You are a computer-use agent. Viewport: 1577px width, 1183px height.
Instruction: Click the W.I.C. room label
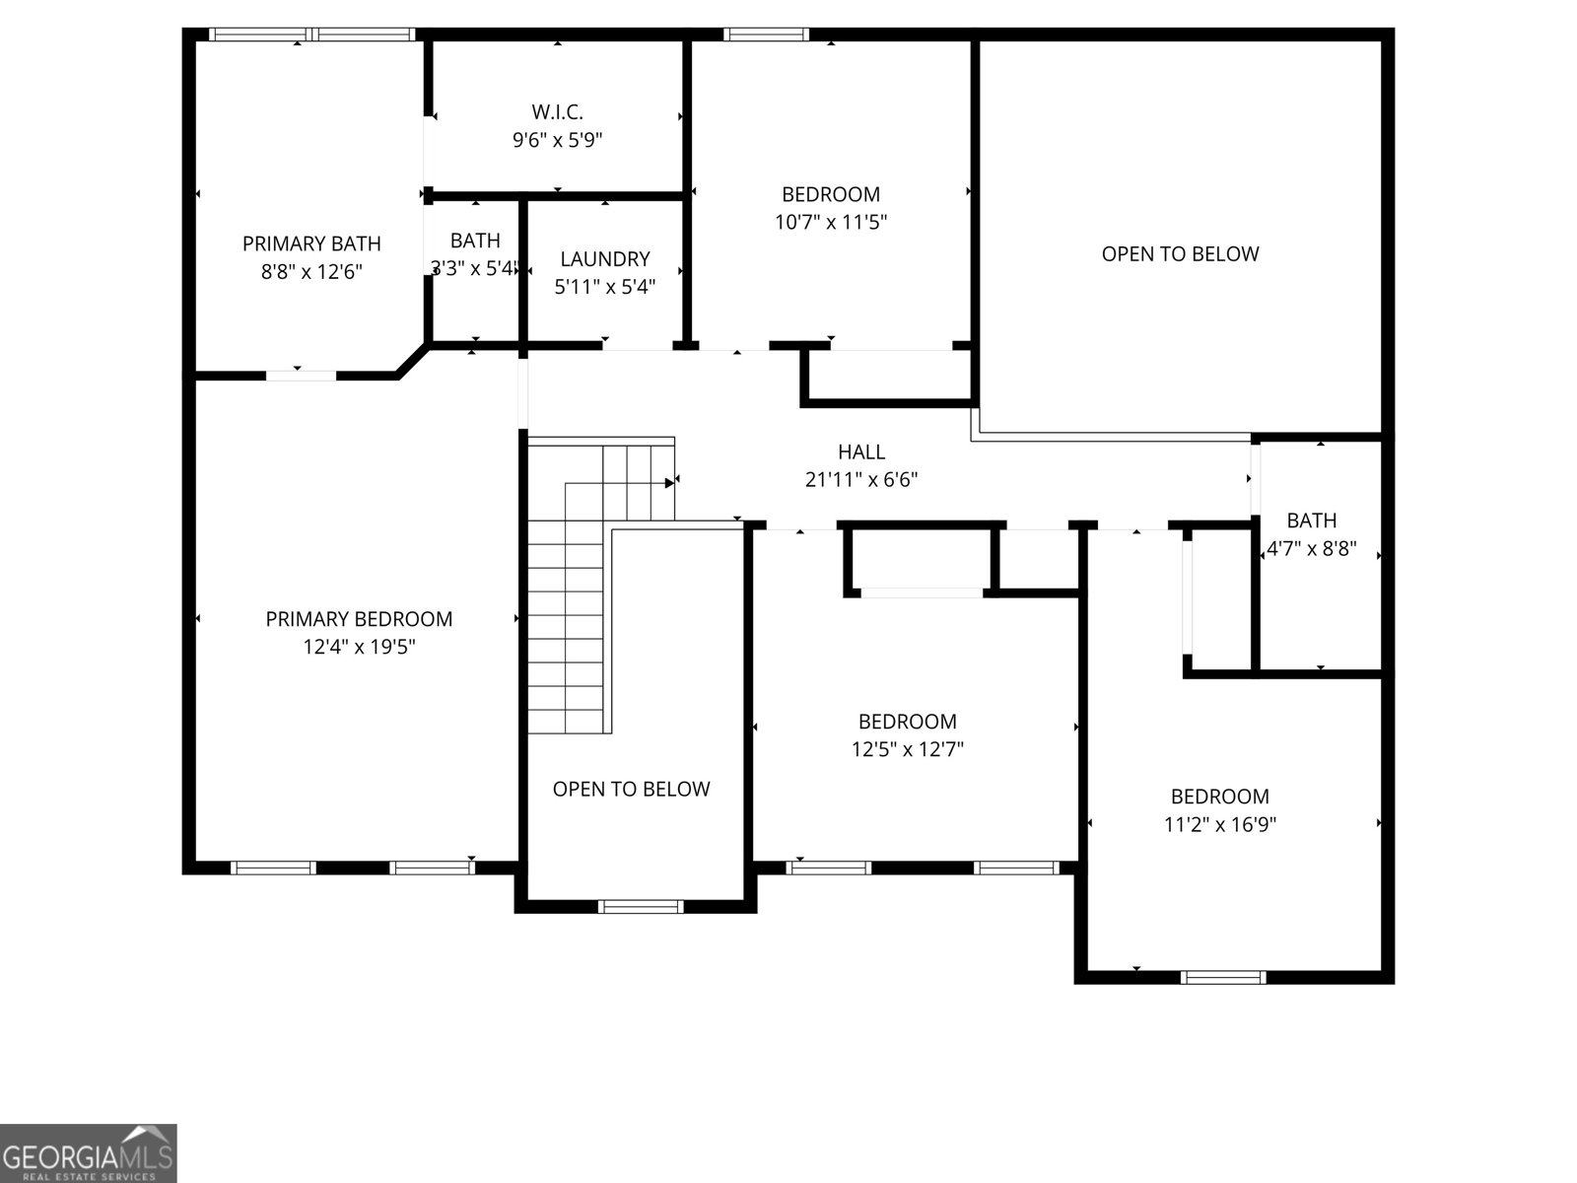tap(557, 111)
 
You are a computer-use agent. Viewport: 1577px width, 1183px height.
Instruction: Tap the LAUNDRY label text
tap(605, 258)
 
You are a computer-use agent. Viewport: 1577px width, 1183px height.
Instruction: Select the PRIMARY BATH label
tap(311, 244)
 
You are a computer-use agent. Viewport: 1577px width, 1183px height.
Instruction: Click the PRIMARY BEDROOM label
tap(359, 619)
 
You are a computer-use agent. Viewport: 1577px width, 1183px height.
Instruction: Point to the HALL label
tap(861, 452)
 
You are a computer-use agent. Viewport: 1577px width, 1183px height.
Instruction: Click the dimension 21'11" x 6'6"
tap(861, 480)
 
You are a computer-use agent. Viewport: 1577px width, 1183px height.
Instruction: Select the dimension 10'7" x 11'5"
tap(831, 222)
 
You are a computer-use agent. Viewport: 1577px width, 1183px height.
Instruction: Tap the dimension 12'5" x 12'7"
tap(907, 749)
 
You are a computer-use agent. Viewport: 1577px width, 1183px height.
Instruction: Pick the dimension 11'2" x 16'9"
tap(1219, 824)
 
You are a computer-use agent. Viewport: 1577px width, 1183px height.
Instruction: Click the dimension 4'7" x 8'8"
tap(1311, 549)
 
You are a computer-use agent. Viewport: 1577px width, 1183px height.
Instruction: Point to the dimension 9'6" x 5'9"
tap(557, 140)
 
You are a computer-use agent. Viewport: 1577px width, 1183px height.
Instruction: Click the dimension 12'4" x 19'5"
tap(359, 648)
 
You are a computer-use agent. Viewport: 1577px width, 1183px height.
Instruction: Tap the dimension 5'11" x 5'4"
tap(605, 287)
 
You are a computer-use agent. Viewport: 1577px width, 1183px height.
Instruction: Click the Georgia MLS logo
tap(89, 1153)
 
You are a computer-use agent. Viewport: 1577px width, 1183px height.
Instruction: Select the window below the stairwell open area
tap(641, 906)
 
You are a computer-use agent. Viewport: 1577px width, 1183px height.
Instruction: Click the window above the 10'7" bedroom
tap(766, 35)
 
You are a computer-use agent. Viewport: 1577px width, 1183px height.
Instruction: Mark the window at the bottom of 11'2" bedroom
tap(1223, 977)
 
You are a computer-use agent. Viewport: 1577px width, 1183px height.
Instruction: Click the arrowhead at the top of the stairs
tap(669, 483)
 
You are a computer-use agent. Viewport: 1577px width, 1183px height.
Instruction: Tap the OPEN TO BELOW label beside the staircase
tap(631, 789)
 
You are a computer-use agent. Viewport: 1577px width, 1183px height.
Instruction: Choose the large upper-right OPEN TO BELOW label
tap(1180, 253)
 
